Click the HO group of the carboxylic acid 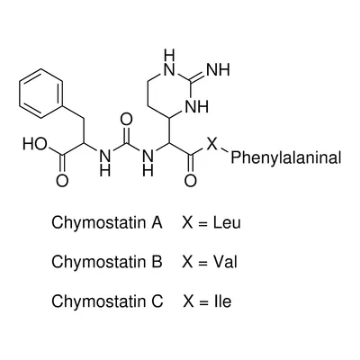(x=35, y=144)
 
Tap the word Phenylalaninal (x=286, y=157)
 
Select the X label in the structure (x=212, y=144)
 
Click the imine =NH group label (x=218, y=70)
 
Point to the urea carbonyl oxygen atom (x=126, y=120)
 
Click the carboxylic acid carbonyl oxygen (x=62, y=181)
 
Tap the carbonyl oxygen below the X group (x=191, y=181)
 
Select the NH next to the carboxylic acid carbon (x=104, y=162)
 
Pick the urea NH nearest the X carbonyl (x=148, y=162)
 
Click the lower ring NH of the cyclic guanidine (x=196, y=107)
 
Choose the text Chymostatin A (x=107, y=223)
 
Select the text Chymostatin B (x=107, y=262)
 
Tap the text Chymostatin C (x=107, y=301)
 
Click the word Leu (x=227, y=223)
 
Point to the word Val (x=225, y=262)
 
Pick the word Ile (x=223, y=301)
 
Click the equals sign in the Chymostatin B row (x=203, y=263)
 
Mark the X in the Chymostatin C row (x=189, y=301)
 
